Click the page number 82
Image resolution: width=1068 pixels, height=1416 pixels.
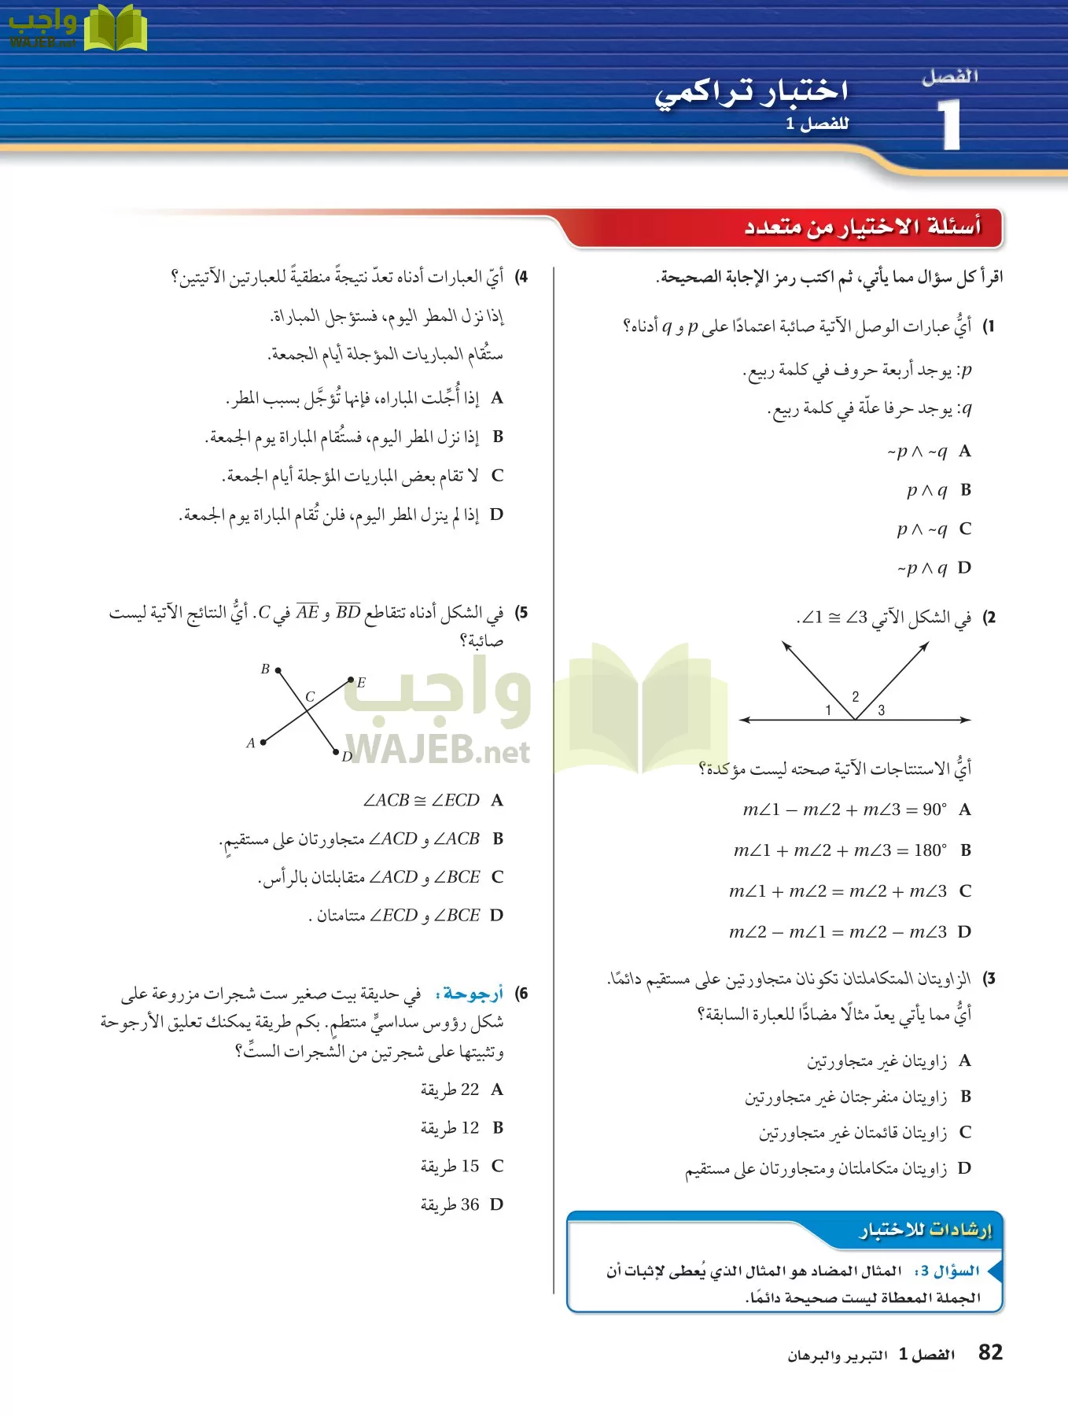tap(990, 1352)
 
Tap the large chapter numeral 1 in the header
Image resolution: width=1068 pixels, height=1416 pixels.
tap(950, 125)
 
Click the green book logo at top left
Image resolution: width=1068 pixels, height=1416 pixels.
tap(115, 29)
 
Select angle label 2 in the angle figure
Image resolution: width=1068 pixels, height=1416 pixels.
tap(856, 696)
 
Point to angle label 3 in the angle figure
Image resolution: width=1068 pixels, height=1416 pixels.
tap(881, 710)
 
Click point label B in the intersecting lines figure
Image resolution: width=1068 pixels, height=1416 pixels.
tap(265, 669)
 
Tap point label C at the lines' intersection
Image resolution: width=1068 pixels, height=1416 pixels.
tap(310, 697)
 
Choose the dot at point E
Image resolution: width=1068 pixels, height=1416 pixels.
tap(351, 679)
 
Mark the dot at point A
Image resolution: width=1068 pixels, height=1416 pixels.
tap(263, 742)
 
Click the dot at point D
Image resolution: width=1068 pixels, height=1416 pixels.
tap(336, 752)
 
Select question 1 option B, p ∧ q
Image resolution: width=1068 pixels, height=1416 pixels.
tap(927, 490)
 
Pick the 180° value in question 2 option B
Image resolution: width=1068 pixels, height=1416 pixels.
tap(930, 850)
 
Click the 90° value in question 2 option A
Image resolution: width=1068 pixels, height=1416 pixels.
tap(934, 809)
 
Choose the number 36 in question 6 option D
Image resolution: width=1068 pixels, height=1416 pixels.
tap(470, 1204)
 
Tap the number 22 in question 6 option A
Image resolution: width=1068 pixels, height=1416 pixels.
tap(470, 1090)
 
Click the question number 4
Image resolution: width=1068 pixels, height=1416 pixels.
tap(521, 277)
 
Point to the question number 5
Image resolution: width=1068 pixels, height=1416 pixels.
tap(521, 612)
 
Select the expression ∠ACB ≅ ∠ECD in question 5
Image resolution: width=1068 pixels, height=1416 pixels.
tap(422, 800)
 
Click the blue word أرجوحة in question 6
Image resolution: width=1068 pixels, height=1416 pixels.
tap(473, 994)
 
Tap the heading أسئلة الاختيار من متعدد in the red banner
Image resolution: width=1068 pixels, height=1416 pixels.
tap(862, 227)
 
